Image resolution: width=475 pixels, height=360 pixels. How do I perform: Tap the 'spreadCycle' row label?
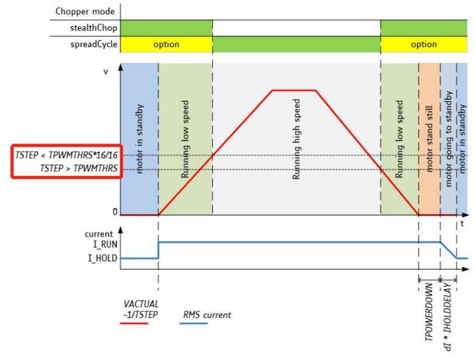pos(94,44)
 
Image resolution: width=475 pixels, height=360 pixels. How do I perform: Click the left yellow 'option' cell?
pos(166,44)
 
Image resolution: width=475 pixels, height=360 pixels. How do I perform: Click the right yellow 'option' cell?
pos(424,44)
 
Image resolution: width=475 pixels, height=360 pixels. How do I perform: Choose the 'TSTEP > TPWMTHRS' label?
pos(83,170)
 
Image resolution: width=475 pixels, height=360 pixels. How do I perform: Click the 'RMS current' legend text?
pos(207,315)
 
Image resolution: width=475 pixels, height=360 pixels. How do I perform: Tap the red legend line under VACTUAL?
pos(134,323)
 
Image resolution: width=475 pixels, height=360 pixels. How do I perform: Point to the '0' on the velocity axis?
pos(115,212)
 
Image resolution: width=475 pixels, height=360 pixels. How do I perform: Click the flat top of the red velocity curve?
pos(294,91)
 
